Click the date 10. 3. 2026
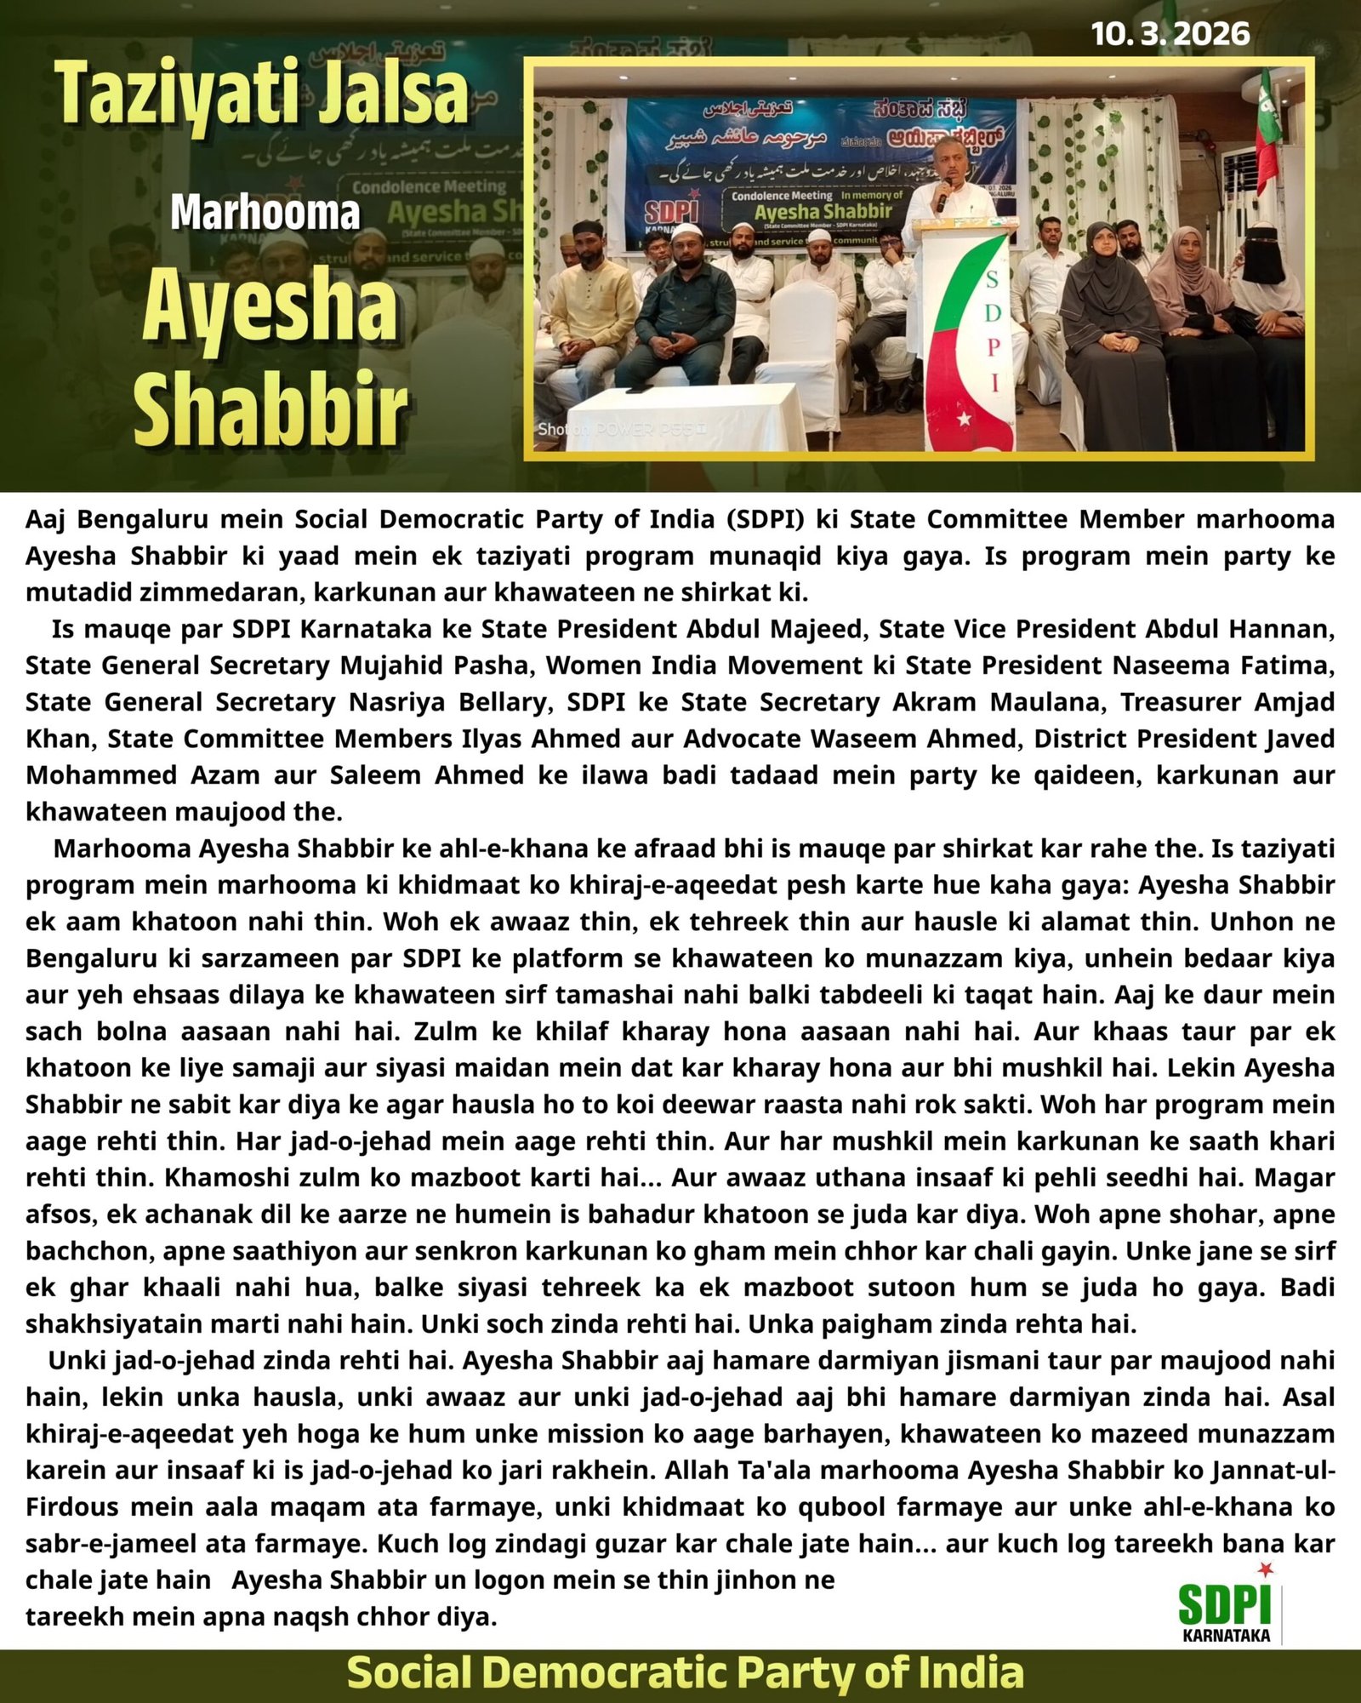click(x=1170, y=34)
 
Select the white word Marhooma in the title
click(x=265, y=212)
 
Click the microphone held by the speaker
click(x=942, y=195)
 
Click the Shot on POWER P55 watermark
click(x=621, y=429)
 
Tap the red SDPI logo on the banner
click(x=670, y=212)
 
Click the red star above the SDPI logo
click(x=1266, y=1569)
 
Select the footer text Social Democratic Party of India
click(x=685, y=1672)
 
